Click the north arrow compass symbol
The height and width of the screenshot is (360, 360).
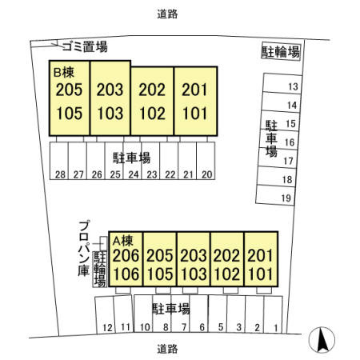pos(322,340)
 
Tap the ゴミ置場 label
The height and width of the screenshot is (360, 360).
pos(85,47)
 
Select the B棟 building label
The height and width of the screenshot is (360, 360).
pos(64,72)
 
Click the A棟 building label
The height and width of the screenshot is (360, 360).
pos(122,241)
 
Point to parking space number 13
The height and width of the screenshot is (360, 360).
pos(282,84)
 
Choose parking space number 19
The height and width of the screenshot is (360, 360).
pos(275,195)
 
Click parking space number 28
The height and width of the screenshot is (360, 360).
pos(59,161)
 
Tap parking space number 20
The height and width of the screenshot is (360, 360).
pos(206,161)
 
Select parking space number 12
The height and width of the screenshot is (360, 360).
pos(105,314)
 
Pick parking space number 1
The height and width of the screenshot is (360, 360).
pos(273,314)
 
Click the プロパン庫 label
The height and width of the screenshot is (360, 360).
pos(84,248)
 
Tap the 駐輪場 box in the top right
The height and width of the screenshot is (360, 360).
pos(281,51)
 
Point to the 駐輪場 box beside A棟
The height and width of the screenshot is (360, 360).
pos(100,269)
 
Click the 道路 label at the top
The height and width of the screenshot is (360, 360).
pos(167,14)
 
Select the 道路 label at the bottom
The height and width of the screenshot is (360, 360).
pos(167,349)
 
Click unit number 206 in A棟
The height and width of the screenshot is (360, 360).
pos(126,255)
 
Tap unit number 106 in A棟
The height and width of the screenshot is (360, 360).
pos(126,274)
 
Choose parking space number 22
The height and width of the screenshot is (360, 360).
pos(169,161)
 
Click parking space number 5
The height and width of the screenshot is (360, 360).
pos(218,314)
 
